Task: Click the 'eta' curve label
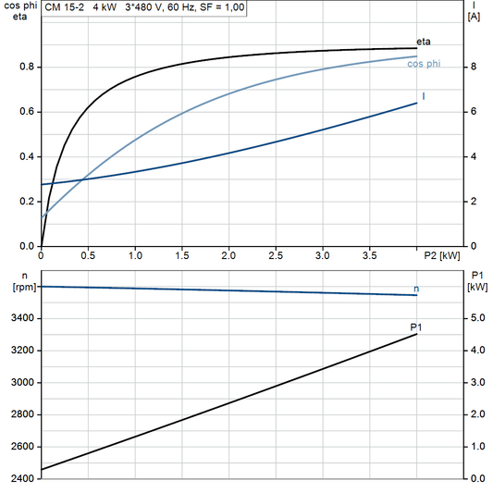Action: click(x=424, y=42)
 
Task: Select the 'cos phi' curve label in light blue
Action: click(x=424, y=63)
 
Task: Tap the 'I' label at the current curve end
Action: click(x=424, y=96)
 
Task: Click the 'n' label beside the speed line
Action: click(x=416, y=289)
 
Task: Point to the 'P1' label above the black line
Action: click(x=416, y=327)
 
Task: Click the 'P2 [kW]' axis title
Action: click(x=443, y=255)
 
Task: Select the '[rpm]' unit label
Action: click(x=21, y=287)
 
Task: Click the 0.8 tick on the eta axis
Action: click(x=27, y=67)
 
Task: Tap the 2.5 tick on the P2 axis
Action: click(x=276, y=255)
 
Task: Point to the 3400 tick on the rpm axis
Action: click(x=21, y=318)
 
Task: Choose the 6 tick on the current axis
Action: click(x=473, y=112)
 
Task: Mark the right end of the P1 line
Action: click(x=417, y=334)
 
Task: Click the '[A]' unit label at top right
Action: click(x=474, y=17)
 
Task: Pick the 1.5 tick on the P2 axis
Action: click(x=182, y=255)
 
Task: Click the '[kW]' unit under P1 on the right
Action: click(x=478, y=287)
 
